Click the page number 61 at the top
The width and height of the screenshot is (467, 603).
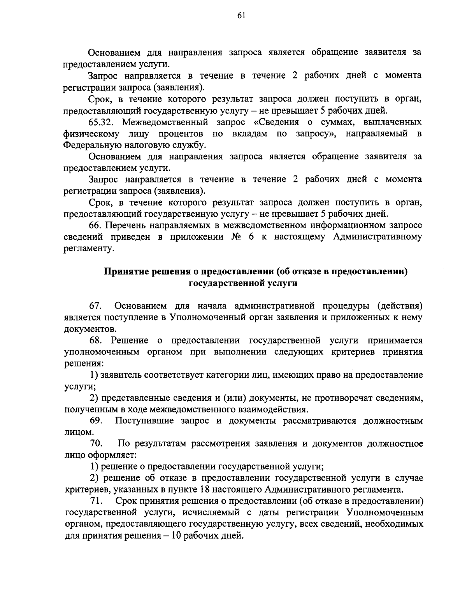[x=241, y=15]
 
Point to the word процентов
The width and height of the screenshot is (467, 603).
[x=181, y=134]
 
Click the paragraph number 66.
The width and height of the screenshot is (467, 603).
[x=95, y=226]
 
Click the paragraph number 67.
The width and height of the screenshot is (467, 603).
[x=95, y=306]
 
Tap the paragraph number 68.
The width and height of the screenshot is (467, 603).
[x=96, y=341]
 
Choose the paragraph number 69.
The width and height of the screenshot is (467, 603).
[x=96, y=421]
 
